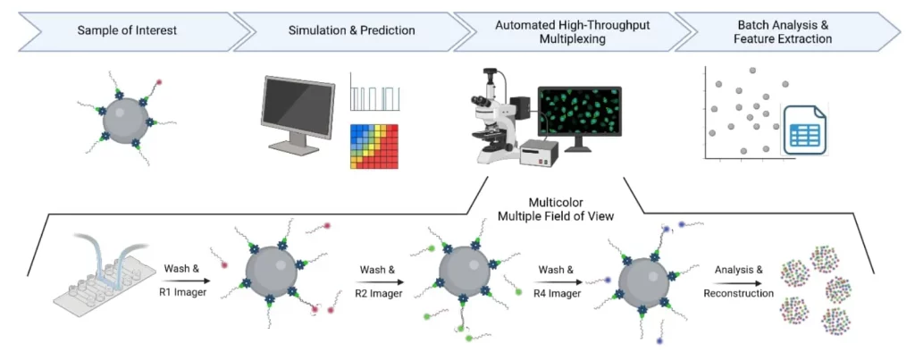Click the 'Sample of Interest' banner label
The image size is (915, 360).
click(126, 31)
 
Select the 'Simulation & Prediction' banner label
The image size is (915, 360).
click(351, 31)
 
